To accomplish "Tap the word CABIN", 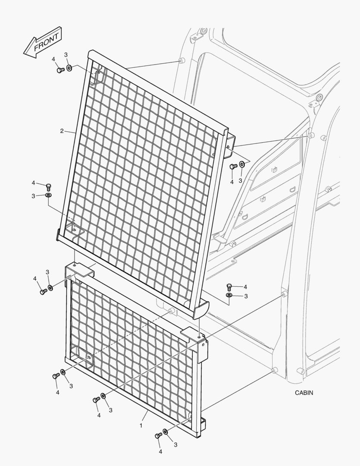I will coord(304,393).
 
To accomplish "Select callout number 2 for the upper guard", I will coord(62,130).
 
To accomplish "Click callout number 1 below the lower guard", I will coord(141,425).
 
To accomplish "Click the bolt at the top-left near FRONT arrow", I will coord(60,69).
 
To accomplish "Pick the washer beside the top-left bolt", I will coord(69,68).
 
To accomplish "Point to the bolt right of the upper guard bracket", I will coord(233,166).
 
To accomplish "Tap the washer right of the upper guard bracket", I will coord(242,164).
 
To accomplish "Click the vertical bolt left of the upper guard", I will coord(49,187).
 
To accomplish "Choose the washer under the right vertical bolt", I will coord(229,296).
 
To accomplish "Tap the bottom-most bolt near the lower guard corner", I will coord(158,436).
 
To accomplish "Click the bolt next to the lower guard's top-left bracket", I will coord(43,292).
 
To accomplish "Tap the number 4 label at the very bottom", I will coord(160,451).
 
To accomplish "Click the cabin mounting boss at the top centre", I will coord(182,60).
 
